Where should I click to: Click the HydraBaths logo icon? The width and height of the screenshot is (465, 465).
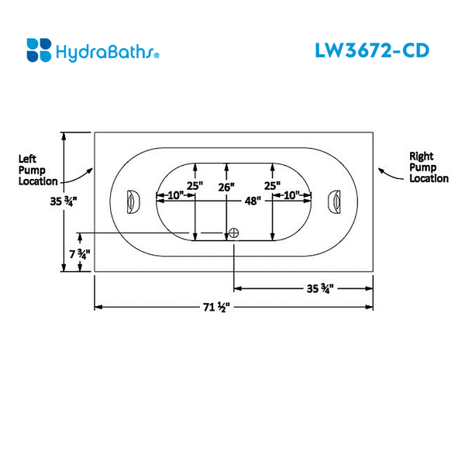(39, 50)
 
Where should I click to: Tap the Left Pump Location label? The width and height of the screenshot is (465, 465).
(37, 170)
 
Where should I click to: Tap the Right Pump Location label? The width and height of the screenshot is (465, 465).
(429, 167)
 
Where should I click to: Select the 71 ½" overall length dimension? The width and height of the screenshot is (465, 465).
(217, 308)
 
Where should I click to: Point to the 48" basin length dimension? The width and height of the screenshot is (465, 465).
(252, 201)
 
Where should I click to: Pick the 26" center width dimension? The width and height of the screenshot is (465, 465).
(226, 187)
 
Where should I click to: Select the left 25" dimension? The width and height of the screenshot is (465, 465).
(194, 186)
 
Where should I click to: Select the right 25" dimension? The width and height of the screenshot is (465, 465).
(271, 186)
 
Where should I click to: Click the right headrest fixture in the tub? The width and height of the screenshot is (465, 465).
(336, 202)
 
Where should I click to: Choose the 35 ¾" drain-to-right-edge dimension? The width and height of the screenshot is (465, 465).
(319, 289)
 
